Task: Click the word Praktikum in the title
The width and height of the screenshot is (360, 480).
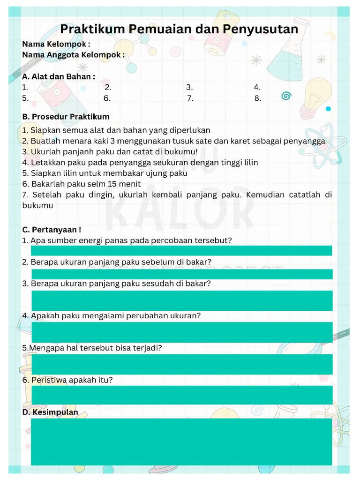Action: [92, 29]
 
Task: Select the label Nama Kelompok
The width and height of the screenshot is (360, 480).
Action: [56, 44]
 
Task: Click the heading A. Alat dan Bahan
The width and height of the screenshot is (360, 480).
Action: [59, 76]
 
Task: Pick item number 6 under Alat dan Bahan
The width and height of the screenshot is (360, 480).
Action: [107, 98]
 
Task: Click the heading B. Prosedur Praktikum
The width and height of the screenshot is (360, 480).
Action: [66, 117]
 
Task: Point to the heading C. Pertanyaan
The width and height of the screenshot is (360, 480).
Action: [52, 230]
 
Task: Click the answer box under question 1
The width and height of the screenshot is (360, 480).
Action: [181, 250]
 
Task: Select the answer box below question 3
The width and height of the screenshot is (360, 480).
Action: [181, 300]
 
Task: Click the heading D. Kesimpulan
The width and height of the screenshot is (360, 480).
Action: [50, 412]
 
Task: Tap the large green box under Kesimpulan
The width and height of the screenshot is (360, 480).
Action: [181, 442]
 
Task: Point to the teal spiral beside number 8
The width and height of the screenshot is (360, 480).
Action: [286, 96]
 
